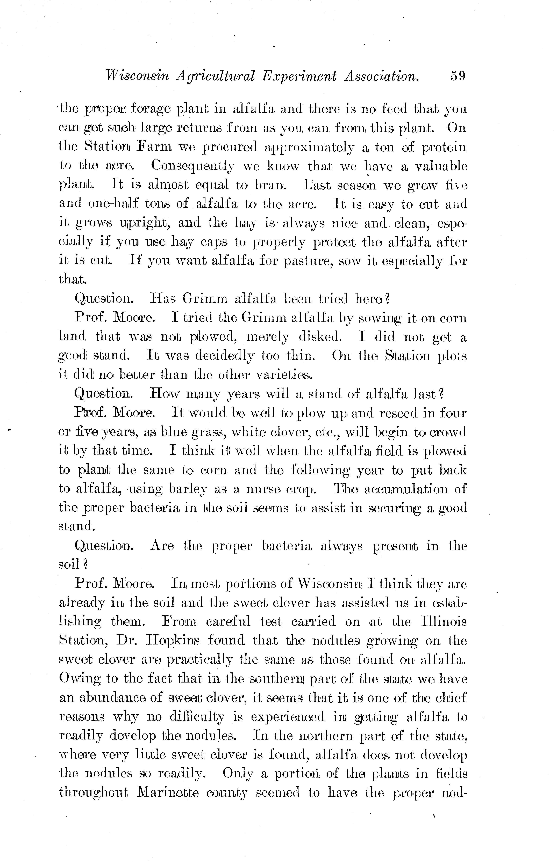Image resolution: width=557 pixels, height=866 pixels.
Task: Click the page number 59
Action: tap(458, 76)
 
